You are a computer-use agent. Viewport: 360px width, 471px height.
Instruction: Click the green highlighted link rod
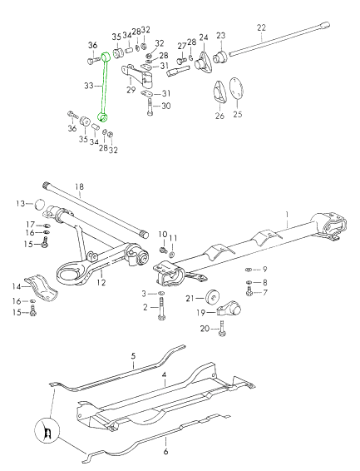pos(103,87)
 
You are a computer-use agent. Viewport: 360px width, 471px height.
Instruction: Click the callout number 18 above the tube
pos(80,186)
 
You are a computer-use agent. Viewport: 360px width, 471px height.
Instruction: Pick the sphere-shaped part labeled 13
pos(39,204)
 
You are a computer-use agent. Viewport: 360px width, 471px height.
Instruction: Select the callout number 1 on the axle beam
pos(288,215)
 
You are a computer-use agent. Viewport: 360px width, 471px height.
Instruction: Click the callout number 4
pos(165,375)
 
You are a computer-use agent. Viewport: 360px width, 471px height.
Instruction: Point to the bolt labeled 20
pos(222,332)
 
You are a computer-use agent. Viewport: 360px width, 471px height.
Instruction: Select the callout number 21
pos(190,298)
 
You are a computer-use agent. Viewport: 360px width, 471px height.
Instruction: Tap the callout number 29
pos(131,89)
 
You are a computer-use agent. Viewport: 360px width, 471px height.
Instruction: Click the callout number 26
pos(219,117)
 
